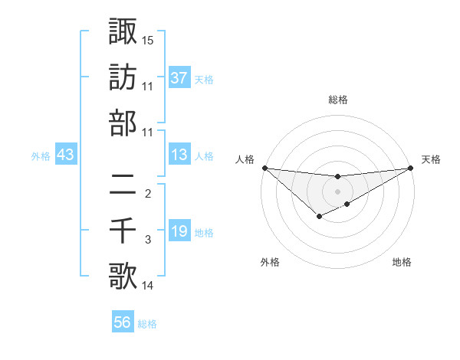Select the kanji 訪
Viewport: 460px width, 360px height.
[123, 77]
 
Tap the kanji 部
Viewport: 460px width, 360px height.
[123, 123]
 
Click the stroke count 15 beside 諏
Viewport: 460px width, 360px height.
[148, 40]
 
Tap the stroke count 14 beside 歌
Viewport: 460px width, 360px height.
[148, 286]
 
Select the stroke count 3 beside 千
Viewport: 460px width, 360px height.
[148, 241]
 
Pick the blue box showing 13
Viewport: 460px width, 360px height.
[179, 155]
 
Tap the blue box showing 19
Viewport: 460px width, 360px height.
[179, 231]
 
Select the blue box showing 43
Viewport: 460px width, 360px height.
[65, 155]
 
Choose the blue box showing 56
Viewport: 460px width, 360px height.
[123, 322]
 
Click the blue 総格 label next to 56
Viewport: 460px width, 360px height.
[148, 324]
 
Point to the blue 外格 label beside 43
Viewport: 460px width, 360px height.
[41, 156]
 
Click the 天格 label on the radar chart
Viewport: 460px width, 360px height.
[432, 159]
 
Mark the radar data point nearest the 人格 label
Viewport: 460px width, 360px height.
[264, 168]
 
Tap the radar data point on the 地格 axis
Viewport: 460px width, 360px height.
[347, 204]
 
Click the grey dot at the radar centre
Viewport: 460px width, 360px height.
[337, 191]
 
